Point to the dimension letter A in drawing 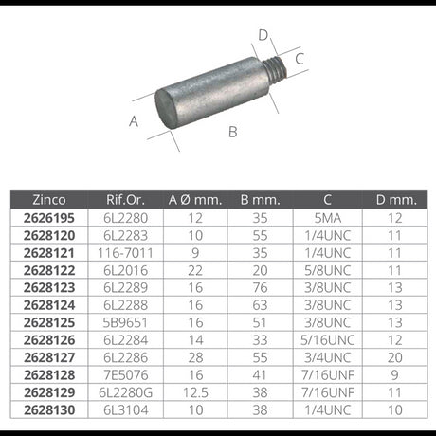coord(134,120)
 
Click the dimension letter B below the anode coord(232,132)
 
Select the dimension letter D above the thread coord(263,35)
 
